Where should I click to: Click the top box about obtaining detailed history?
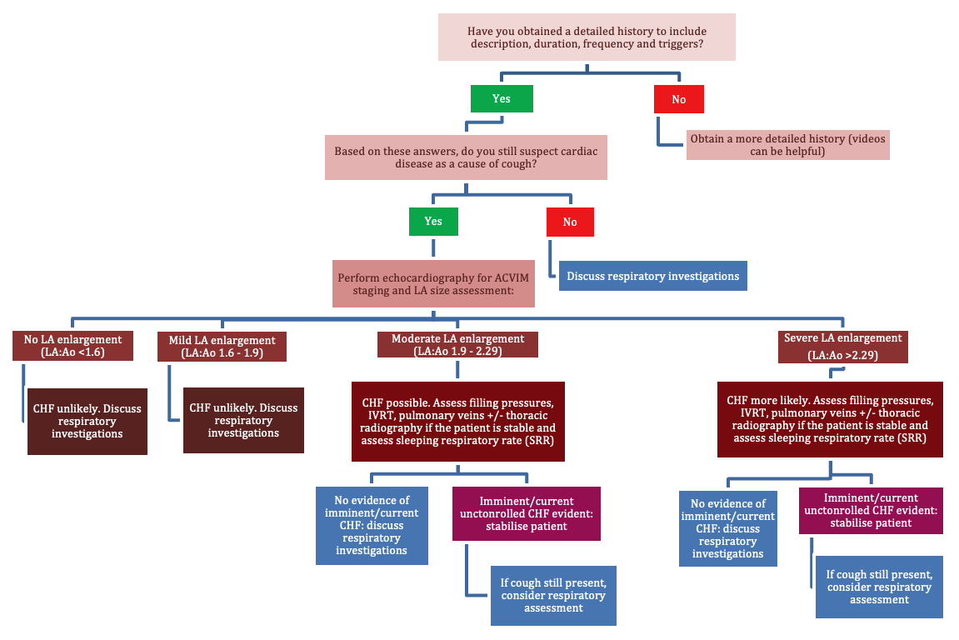[x=587, y=37]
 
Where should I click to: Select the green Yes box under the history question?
[x=501, y=98]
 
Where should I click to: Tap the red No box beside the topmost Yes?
[x=678, y=99]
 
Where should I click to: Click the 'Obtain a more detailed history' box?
[x=787, y=144]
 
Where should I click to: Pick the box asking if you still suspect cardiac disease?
[x=465, y=157]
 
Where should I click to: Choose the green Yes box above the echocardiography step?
[x=432, y=222]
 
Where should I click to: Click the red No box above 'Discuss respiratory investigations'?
[x=570, y=222]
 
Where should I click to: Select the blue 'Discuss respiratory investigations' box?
[x=652, y=277]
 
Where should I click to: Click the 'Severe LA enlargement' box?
[x=842, y=345]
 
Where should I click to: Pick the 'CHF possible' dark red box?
[x=458, y=422]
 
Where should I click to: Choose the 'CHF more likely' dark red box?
[x=829, y=418]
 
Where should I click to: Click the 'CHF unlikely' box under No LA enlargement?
[x=87, y=421]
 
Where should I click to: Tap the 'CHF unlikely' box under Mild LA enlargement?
[x=243, y=421]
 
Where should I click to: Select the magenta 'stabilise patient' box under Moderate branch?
[x=526, y=513]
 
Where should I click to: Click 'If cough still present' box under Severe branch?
[x=879, y=587]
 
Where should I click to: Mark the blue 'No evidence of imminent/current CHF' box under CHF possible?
[x=372, y=525]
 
